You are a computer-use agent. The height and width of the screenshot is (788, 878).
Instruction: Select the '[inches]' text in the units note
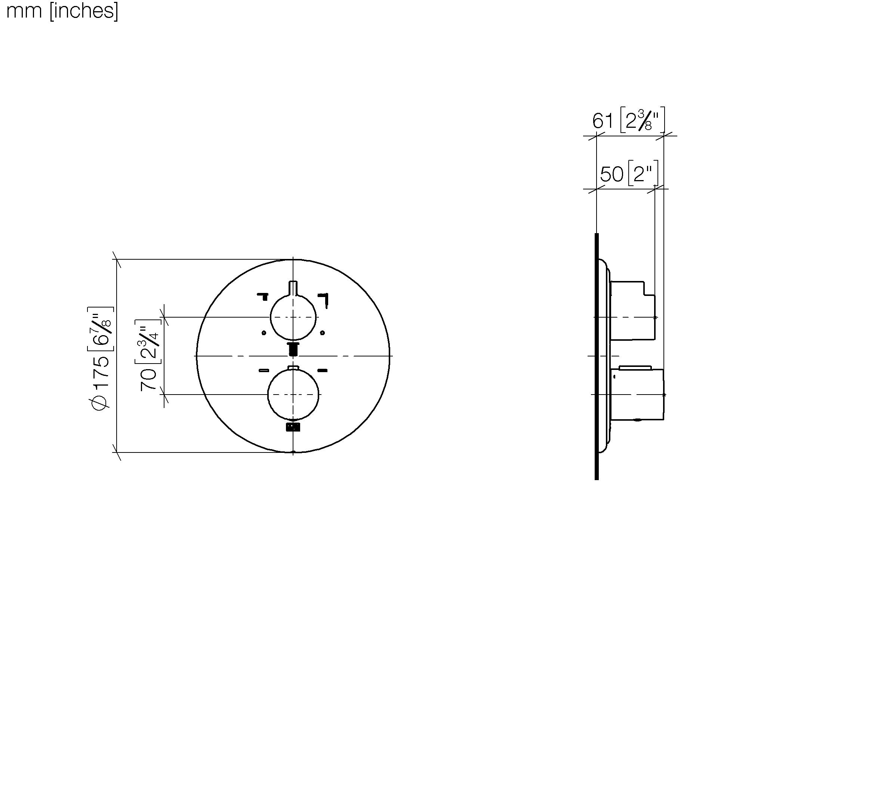click(x=84, y=10)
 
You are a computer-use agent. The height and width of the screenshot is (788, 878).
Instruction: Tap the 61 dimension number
click(x=603, y=121)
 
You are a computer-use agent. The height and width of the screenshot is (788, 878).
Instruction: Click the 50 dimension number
click(x=611, y=174)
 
